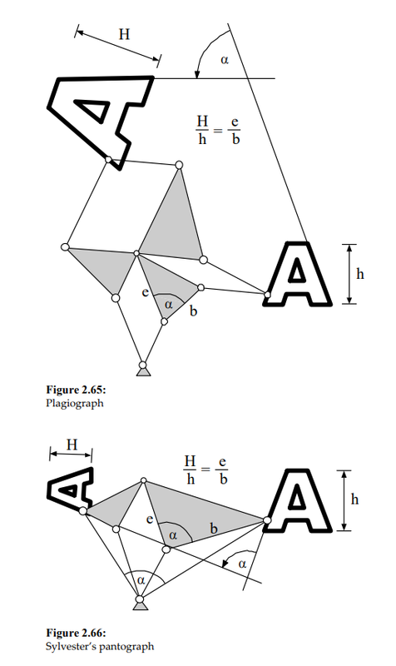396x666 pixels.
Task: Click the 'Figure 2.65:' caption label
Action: click(x=76, y=390)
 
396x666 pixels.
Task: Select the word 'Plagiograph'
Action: click(x=74, y=403)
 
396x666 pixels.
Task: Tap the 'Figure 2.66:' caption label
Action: click(x=76, y=634)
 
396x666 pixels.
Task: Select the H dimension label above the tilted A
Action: click(x=124, y=34)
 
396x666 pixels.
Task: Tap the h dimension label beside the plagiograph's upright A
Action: click(x=360, y=274)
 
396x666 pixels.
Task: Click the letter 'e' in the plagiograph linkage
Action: click(x=145, y=292)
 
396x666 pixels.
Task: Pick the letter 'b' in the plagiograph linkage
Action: click(x=194, y=311)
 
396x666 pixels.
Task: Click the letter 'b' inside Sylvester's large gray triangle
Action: click(x=214, y=529)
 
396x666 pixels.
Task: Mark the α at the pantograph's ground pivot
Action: click(x=141, y=580)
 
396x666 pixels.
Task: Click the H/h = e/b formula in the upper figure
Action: click(x=218, y=130)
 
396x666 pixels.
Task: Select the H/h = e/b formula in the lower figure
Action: click(x=205, y=470)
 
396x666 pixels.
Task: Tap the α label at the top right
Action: click(x=225, y=60)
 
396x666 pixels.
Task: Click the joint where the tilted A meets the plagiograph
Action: click(x=109, y=159)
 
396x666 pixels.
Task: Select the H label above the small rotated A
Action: click(x=72, y=445)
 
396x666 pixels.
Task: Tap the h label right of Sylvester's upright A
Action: click(x=355, y=499)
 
